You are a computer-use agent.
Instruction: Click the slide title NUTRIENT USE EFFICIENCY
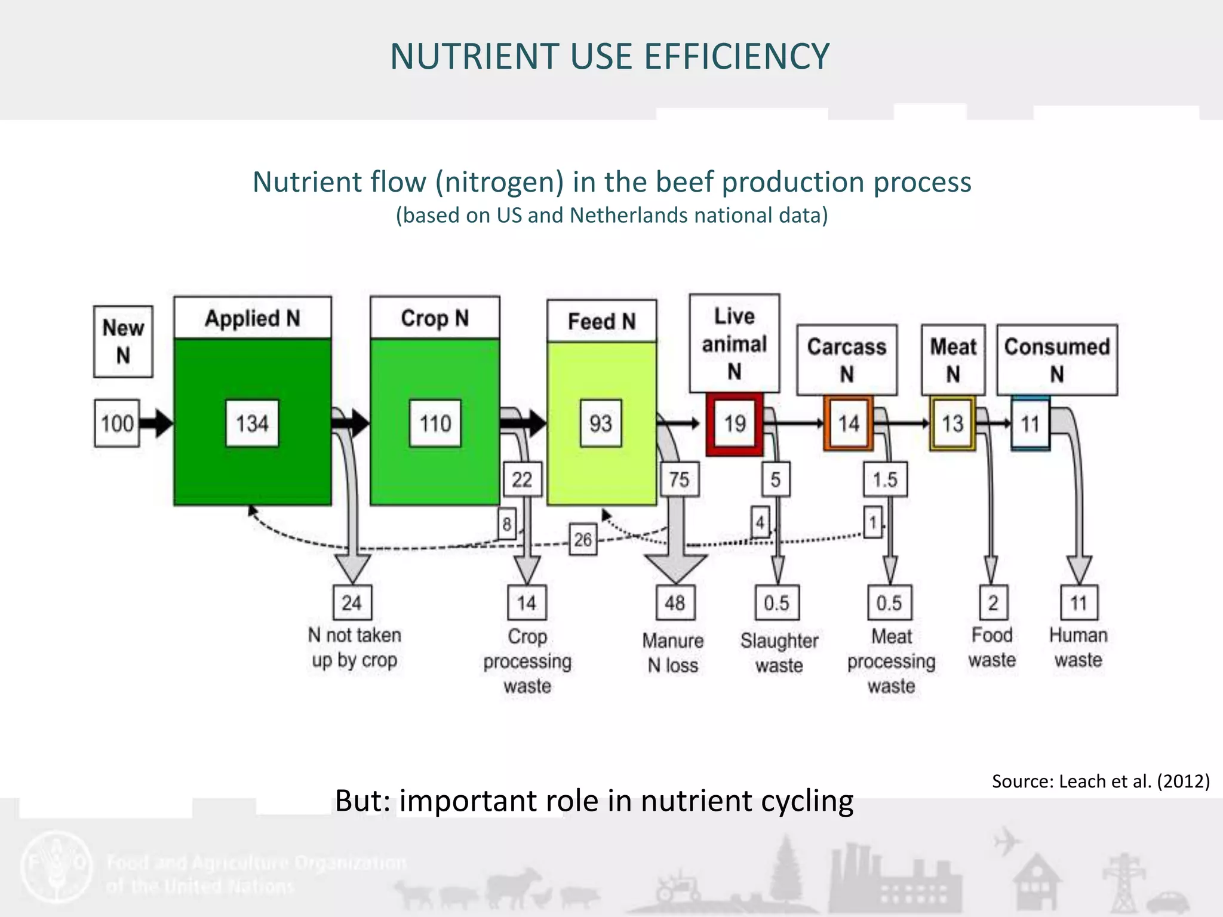(x=610, y=57)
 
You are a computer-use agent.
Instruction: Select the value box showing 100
(x=117, y=423)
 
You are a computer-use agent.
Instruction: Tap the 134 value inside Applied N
(x=252, y=423)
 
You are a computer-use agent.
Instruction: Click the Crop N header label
(x=435, y=318)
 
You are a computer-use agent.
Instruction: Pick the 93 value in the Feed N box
(x=601, y=423)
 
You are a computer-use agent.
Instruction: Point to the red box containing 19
(x=735, y=424)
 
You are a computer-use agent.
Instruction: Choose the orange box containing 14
(x=848, y=423)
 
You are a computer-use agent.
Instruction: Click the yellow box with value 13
(x=952, y=423)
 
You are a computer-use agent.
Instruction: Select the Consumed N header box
(x=1057, y=359)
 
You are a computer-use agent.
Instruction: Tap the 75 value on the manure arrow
(x=679, y=479)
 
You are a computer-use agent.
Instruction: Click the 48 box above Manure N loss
(x=675, y=602)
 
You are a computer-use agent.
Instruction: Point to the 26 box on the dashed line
(x=582, y=539)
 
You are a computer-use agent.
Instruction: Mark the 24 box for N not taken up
(x=352, y=602)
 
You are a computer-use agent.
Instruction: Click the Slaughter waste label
(x=779, y=653)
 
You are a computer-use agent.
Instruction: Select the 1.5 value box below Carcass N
(x=885, y=479)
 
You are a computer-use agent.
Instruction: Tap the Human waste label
(x=1078, y=647)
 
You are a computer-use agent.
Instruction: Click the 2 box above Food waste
(x=992, y=602)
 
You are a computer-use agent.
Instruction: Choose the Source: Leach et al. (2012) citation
(x=1101, y=781)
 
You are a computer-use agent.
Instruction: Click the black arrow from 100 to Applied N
(x=156, y=423)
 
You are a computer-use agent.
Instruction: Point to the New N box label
(x=123, y=341)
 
